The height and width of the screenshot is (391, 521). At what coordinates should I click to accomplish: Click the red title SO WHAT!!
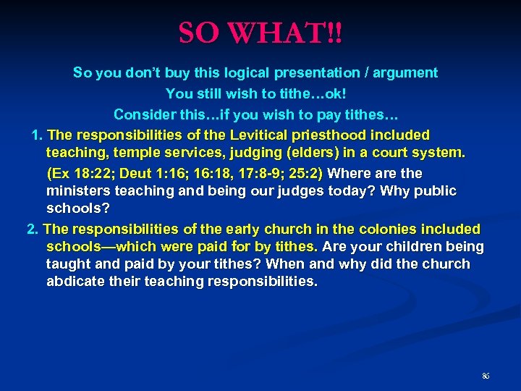260,32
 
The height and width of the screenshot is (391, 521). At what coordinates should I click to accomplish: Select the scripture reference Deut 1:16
154,174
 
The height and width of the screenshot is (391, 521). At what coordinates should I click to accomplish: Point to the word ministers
76,191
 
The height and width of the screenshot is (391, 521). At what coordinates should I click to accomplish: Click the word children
412,247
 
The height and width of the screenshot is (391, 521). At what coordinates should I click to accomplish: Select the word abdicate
77,282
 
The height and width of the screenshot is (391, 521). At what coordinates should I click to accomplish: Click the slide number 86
486,377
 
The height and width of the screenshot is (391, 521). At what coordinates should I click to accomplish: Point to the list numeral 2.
31,230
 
